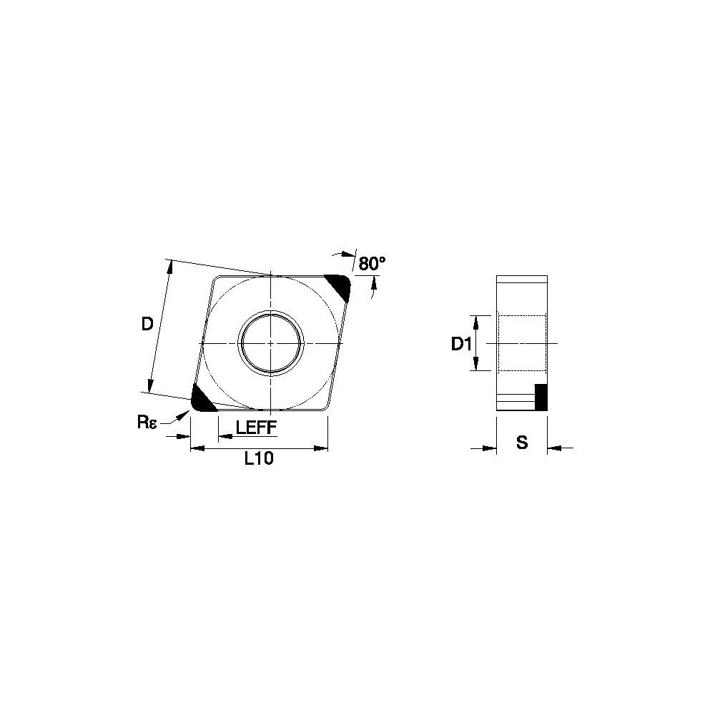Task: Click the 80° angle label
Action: [x=372, y=264]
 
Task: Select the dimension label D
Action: [x=147, y=324]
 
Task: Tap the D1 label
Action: [x=461, y=345]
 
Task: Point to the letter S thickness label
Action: [x=522, y=442]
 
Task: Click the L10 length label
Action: [x=259, y=459]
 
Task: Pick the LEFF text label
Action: [x=256, y=428]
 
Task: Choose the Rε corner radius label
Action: [x=147, y=423]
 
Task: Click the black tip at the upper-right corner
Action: [x=339, y=287]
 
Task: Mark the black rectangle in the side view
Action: [x=541, y=397]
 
